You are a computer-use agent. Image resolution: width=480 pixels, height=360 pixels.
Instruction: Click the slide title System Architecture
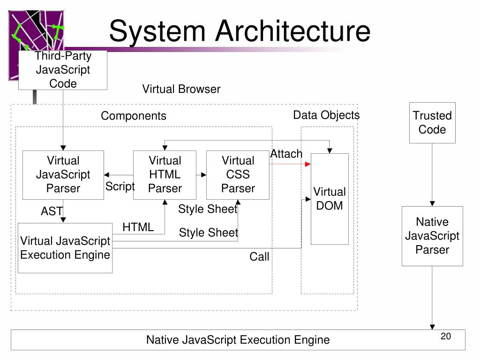point(240,31)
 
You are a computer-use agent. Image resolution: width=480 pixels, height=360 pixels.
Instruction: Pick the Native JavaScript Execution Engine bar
point(238,340)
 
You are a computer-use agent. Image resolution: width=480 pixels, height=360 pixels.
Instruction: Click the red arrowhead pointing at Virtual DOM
point(308,164)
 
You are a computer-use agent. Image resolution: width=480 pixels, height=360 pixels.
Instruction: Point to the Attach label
point(286,154)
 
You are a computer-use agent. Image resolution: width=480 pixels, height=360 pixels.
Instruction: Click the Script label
point(120,186)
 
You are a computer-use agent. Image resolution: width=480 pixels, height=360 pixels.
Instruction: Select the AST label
point(52,211)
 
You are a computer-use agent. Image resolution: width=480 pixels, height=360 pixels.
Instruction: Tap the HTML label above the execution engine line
point(138,227)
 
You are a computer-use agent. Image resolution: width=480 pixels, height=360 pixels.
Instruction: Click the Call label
point(259,256)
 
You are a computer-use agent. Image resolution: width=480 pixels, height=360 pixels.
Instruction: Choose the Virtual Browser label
point(181,89)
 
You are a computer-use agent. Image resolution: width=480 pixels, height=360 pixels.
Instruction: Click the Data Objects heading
point(326,115)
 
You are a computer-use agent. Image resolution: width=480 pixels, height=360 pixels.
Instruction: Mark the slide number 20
point(446,336)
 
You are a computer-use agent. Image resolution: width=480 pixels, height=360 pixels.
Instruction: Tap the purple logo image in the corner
point(36,30)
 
